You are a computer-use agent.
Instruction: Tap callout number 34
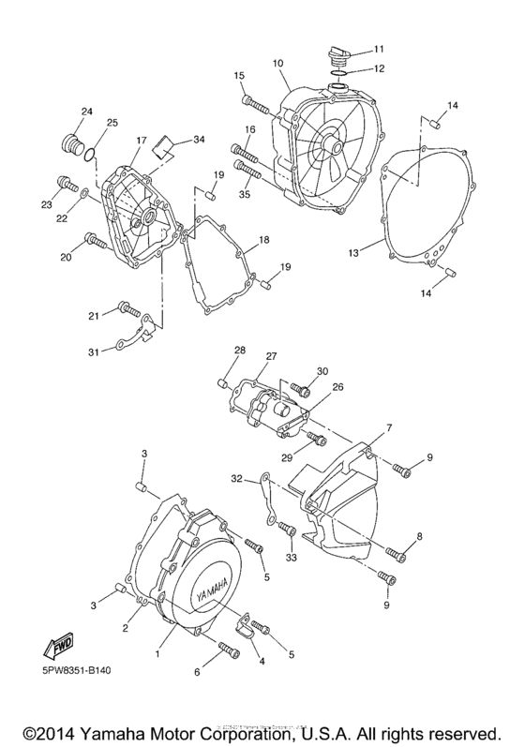tap(198, 140)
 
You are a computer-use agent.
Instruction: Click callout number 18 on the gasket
tap(264, 241)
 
